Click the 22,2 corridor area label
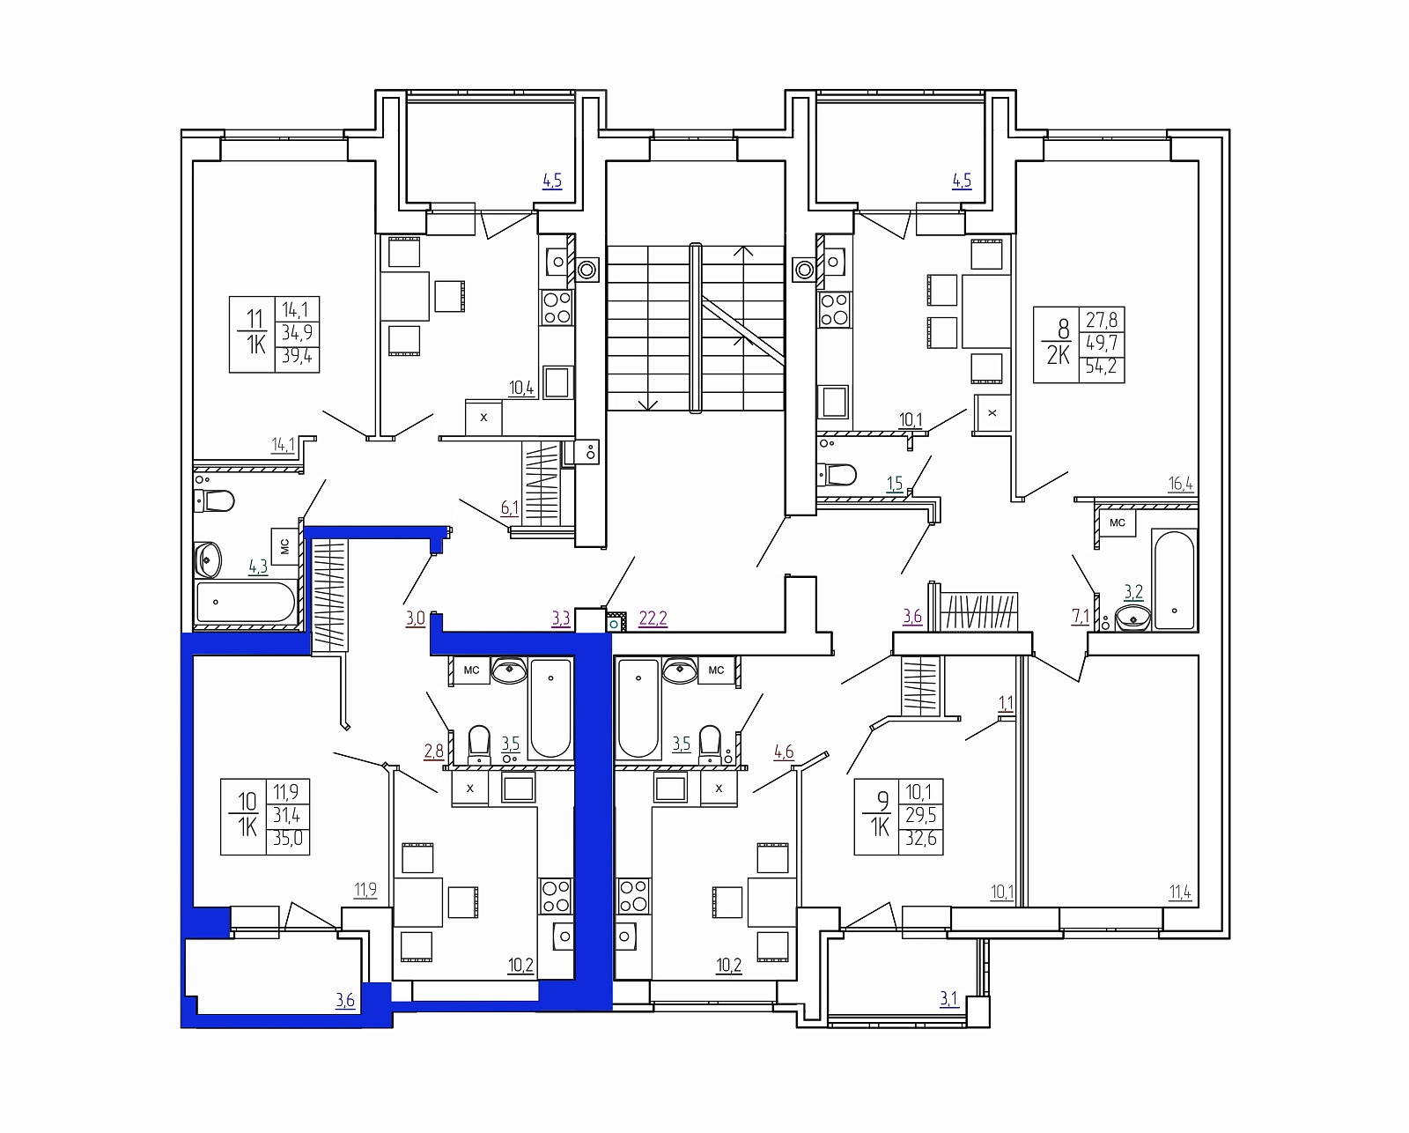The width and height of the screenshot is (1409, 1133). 653,618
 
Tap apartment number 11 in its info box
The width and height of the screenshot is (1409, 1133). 254,319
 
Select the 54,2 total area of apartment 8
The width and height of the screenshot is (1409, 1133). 1102,367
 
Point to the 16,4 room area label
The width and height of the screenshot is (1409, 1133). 1181,484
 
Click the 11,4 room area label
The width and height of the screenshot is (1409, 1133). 1181,892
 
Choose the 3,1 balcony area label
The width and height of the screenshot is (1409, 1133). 948,999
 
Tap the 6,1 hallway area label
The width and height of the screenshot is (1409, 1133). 509,507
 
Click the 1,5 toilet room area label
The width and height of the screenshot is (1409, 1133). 895,485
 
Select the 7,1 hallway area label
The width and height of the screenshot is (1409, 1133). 1081,617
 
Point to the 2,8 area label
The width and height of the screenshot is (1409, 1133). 433,751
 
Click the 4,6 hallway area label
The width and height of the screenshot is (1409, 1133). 784,752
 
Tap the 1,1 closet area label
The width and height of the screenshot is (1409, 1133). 1006,704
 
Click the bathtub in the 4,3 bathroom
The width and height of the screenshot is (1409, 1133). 246,602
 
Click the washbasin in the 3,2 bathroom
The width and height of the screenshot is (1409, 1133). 1132,618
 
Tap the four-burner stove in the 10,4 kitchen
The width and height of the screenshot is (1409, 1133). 557,308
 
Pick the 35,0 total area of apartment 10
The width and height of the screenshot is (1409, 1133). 288,838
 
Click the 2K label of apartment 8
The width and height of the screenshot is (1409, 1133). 1058,355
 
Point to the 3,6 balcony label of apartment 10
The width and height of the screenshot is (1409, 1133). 345,1000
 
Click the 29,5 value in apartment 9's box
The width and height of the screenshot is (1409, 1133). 920,815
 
